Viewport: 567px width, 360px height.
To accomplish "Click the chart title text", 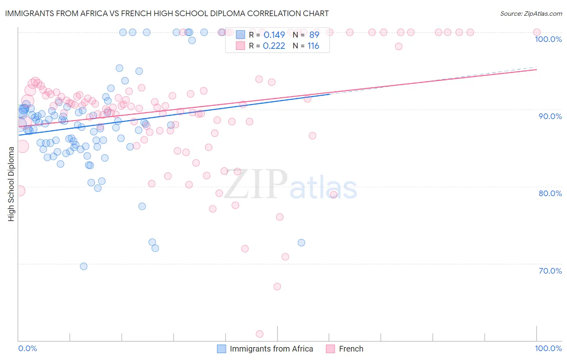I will (167, 13).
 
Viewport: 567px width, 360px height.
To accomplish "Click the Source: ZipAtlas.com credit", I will (531, 13).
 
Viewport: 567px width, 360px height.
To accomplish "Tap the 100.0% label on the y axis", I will (548, 39).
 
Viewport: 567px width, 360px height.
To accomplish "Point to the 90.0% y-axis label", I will (550, 116).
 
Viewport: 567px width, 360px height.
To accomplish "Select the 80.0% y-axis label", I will (550, 193).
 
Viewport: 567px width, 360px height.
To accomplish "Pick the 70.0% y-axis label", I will (550, 271).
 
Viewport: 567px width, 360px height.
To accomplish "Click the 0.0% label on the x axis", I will (27, 348).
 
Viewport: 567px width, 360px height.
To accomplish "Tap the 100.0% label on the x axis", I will (548, 348).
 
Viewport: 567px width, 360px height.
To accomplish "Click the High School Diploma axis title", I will (11, 184).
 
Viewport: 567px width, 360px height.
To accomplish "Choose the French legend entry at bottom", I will (351, 349).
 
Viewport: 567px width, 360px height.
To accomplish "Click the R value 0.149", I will (274, 35).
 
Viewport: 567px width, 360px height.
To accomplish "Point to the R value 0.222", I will (274, 46).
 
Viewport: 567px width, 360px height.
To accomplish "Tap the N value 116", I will (313, 46).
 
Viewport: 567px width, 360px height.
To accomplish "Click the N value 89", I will (314, 35).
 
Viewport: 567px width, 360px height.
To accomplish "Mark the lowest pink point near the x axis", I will (260, 334).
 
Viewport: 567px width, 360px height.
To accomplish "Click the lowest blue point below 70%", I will (83, 266).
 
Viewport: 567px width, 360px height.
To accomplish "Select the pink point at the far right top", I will (536, 32).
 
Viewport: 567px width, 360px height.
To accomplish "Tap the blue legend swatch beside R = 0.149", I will (240, 35).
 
